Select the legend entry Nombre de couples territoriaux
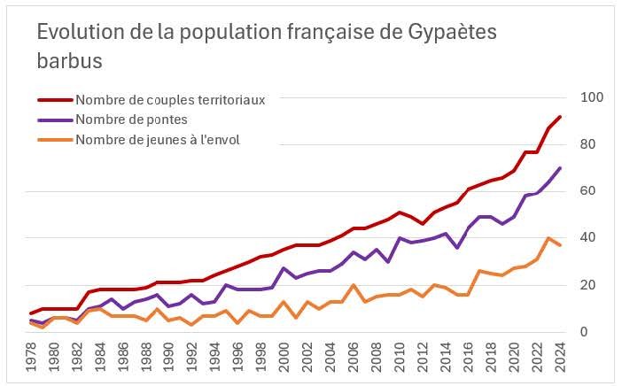click(x=170, y=99)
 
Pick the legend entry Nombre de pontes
click(x=131, y=119)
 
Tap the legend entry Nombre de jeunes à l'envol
click(x=158, y=138)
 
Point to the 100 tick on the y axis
click(x=591, y=97)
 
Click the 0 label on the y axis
click(x=585, y=332)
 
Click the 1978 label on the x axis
click(x=33, y=358)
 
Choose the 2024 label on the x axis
click(x=560, y=358)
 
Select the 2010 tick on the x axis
click(x=400, y=358)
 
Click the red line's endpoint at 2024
click(x=560, y=116)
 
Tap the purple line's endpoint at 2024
click(x=560, y=167)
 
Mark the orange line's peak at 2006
click(x=354, y=285)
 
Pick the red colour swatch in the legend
click(x=55, y=99)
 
